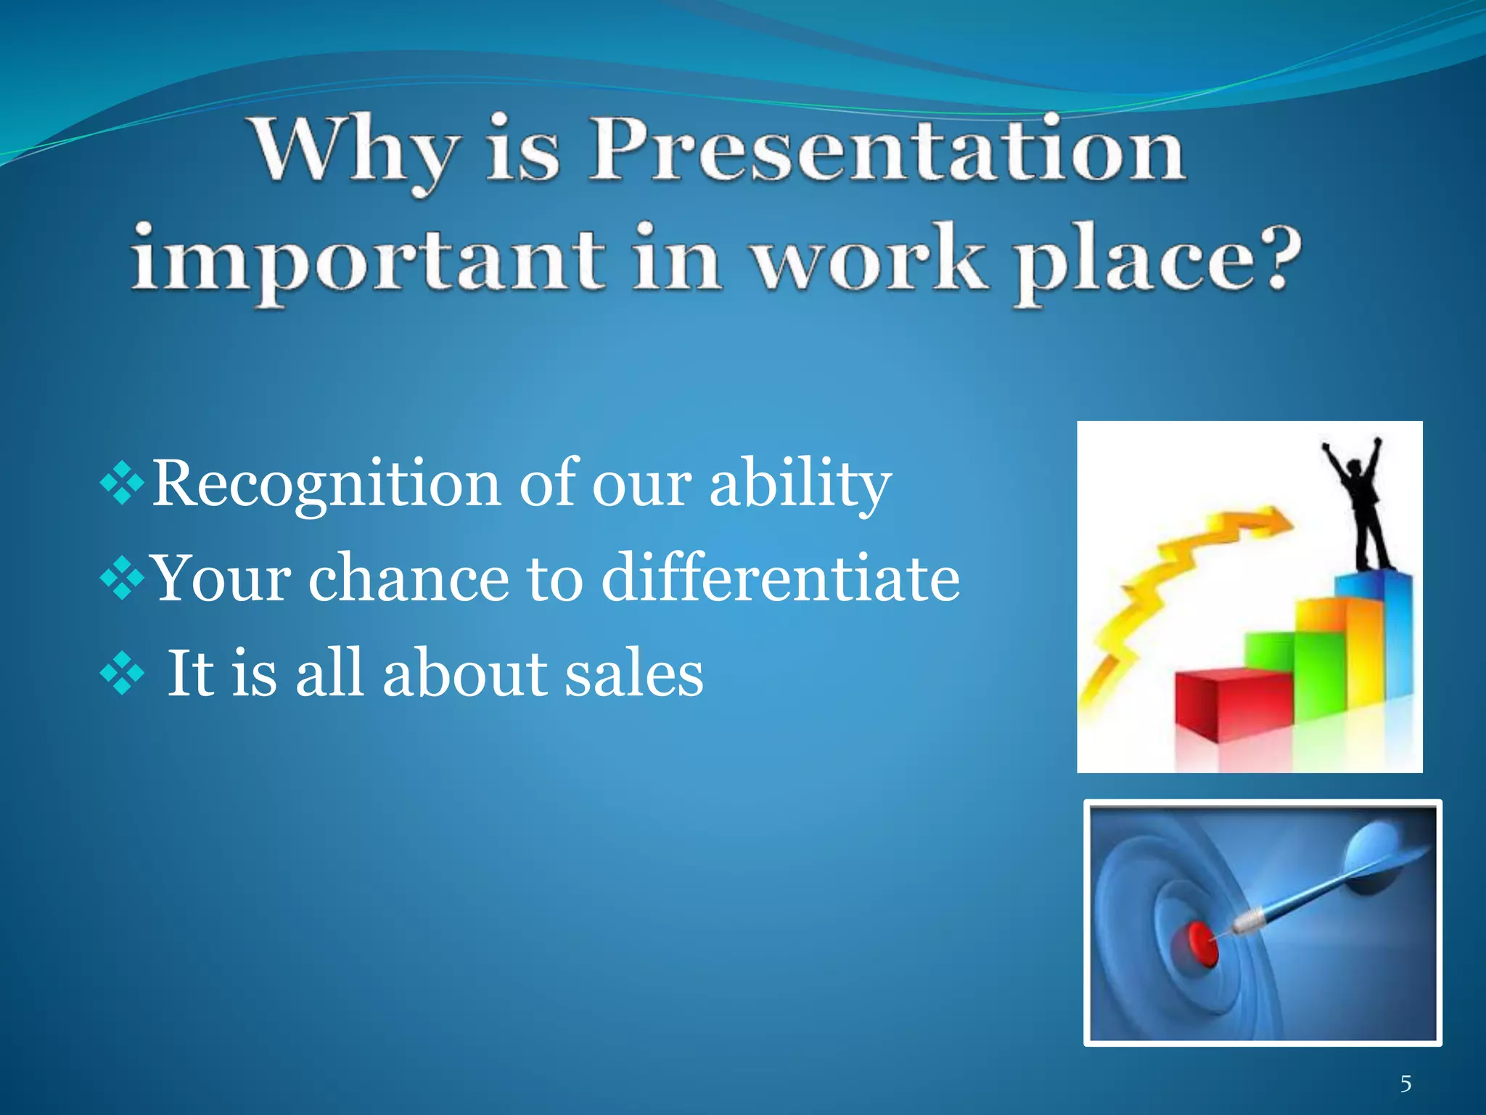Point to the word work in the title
coord(868,259)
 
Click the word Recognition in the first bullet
coord(326,484)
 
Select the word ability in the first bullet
coord(800,484)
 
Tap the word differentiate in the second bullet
coord(781,579)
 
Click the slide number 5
coord(1405,1084)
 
